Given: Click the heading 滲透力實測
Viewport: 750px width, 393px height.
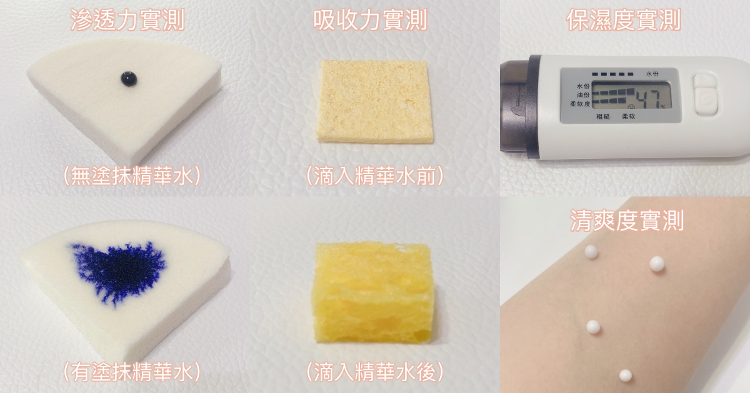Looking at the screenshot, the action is click(x=127, y=20).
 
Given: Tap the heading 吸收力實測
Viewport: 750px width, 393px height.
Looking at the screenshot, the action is click(x=370, y=20).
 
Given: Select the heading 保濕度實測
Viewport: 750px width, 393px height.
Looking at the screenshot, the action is click(x=624, y=20).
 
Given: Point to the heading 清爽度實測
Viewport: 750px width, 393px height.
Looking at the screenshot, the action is click(x=627, y=220).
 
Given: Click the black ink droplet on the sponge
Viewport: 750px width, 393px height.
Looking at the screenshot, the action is click(x=129, y=79).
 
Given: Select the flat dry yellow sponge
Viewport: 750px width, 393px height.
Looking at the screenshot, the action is click(x=374, y=101).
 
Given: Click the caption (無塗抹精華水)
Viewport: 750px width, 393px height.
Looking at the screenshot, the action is click(x=132, y=175).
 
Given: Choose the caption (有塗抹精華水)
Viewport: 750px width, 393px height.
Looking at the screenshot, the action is click(x=132, y=372).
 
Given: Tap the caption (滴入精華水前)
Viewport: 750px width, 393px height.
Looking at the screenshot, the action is click(x=374, y=175).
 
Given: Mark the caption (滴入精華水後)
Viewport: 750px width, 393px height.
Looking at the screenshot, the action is click(x=374, y=372).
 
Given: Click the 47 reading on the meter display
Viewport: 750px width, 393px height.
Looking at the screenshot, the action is click(x=649, y=99).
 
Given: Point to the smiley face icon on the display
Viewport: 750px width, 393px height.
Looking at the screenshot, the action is click(x=631, y=106).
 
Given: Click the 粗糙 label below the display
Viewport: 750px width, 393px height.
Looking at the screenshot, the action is click(x=603, y=116).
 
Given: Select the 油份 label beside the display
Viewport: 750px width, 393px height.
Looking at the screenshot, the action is click(x=583, y=95).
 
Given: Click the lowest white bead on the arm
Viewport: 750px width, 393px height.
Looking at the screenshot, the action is click(x=626, y=376).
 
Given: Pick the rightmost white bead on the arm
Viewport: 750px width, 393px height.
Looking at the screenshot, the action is click(x=657, y=263).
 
